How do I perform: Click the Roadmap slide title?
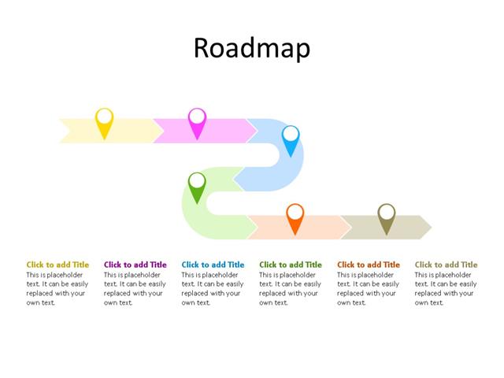(x=251, y=48)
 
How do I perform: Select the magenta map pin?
(x=197, y=120)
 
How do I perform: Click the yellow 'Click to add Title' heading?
(x=57, y=265)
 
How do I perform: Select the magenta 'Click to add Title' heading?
(x=135, y=265)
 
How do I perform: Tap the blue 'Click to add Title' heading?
(x=213, y=265)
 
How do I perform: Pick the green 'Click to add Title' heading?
(x=291, y=265)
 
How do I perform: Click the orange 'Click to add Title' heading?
(x=369, y=265)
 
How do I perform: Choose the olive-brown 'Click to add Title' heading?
(x=446, y=265)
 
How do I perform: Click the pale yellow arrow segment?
(x=130, y=131)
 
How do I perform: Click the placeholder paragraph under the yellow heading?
(x=57, y=288)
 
